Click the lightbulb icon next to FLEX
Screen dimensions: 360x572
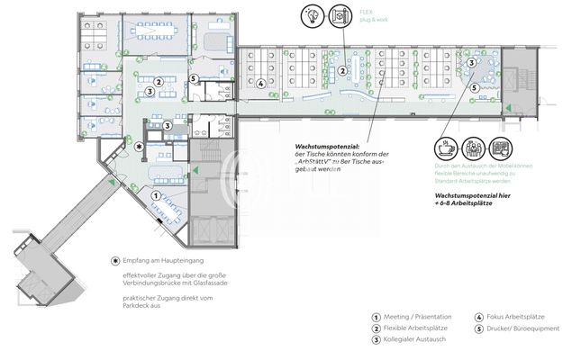(x=313, y=16)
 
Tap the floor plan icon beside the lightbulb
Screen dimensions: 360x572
(x=340, y=16)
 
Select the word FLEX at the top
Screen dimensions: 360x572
(x=367, y=11)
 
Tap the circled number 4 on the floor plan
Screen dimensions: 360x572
(x=260, y=85)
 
